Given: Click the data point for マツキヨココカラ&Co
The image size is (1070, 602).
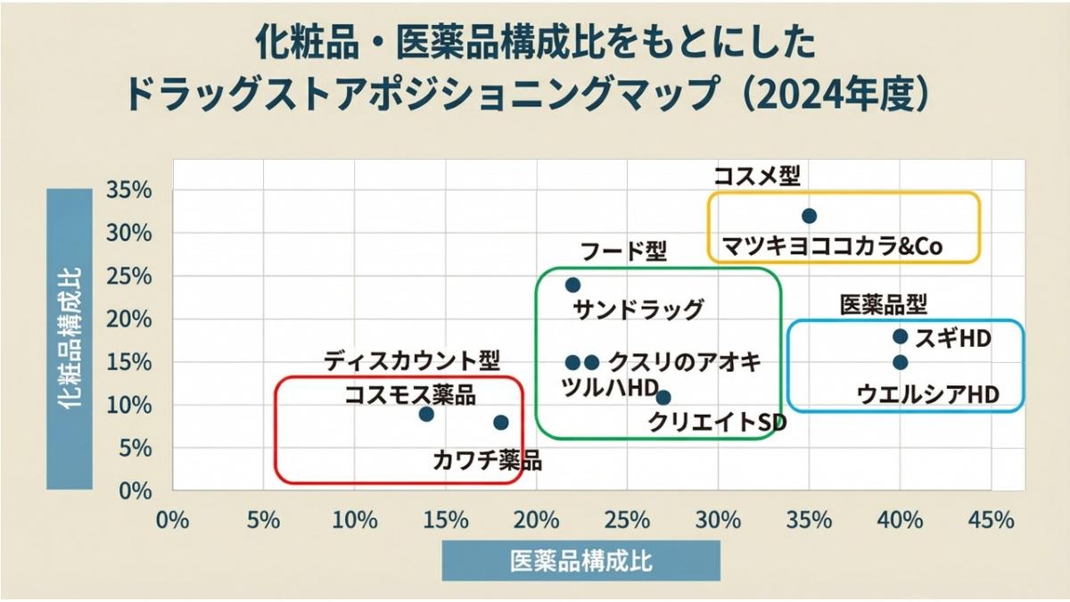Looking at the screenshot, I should click(x=809, y=216).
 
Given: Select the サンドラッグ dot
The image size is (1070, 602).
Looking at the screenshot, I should click(x=572, y=285).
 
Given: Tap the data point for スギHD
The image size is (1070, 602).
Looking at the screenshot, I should click(x=900, y=336).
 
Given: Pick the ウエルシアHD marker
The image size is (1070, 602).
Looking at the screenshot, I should click(x=900, y=362).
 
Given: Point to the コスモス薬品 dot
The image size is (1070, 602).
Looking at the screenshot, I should click(x=426, y=414).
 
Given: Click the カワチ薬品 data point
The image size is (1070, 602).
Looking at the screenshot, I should click(x=500, y=423).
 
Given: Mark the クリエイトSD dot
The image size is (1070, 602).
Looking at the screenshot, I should click(x=663, y=398).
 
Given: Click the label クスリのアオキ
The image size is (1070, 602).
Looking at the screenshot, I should click(x=685, y=362).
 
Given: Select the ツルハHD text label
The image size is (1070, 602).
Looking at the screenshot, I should click(x=610, y=388).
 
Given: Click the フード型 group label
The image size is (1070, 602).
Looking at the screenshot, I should click(x=623, y=252).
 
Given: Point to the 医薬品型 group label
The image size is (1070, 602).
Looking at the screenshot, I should click(x=884, y=305).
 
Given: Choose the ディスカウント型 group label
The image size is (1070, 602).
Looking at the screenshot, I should click(x=412, y=360).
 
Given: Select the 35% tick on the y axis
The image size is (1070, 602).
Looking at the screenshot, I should click(x=130, y=190).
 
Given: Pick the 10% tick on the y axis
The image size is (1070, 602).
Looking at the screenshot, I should click(x=130, y=405).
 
